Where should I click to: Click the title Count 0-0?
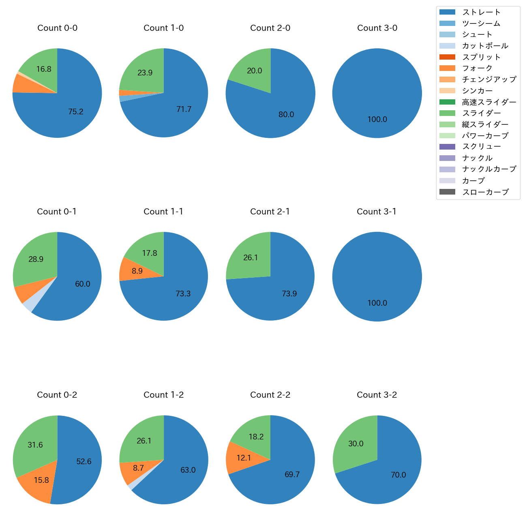pyautogui.click(x=57, y=28)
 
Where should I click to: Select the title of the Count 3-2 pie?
pyautogui.click(x=377, y=395)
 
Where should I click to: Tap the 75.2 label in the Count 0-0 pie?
pyautogui.click(x=76, y=112)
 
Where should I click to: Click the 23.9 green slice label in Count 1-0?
pyautogui.click(x=145, y=73)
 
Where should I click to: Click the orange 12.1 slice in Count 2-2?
pyautogui.click(x=244, y=458)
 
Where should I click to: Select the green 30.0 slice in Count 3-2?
pyautogui.click(x=356, y=444)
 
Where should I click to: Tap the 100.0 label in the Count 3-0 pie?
pyautogui.click(x=377, y=120)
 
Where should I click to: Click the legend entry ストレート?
pyautogui.click(x=481, y=12)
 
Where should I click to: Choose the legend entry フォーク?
pyautogui.click(x=477, y=68)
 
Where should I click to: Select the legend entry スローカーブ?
pyautogui.click(x=485, y=192)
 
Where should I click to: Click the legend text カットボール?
pyautogui.click(x=485, y=46)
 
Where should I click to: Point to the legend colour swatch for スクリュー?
pyautogui.click(x=447, y=147)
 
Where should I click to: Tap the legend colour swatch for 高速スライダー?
pyautogui.click(x=447, y=102)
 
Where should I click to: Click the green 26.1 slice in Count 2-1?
pyautogui.click(x=251, y=258)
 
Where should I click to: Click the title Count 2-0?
pyautogui.click(x=270, y=28)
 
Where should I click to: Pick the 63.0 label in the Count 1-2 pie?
pyautogui.click(x=188, y=470)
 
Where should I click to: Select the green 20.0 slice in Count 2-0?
pyautogui.click(x=255, y=71)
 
